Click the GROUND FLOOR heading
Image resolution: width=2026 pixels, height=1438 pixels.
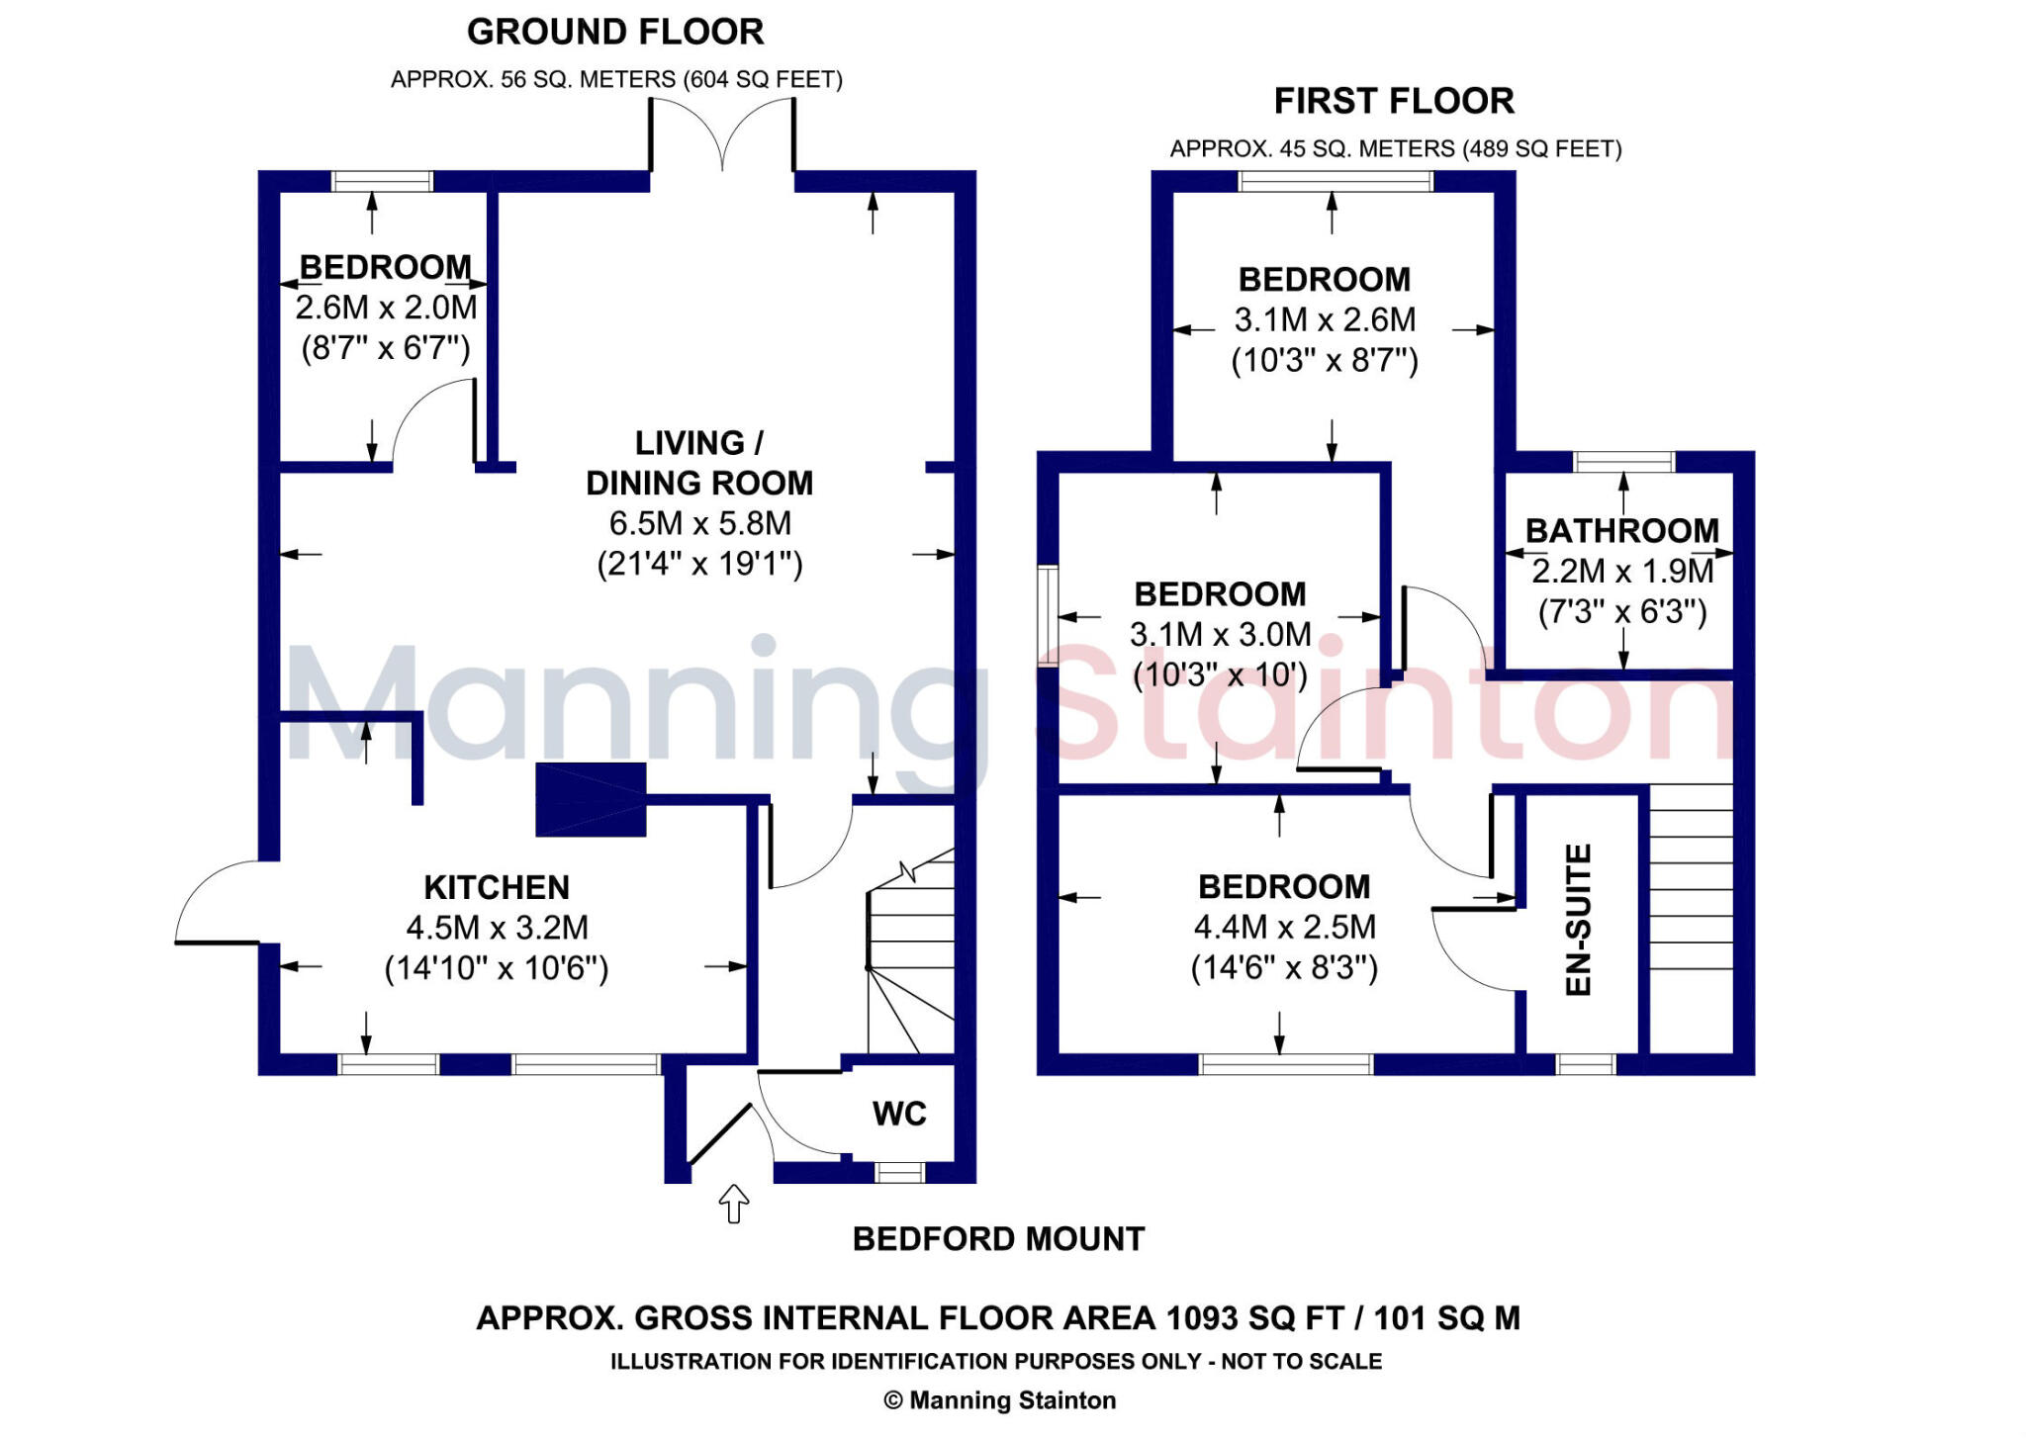point(615,32)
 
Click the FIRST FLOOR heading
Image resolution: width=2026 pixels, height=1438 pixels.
point(1394,101)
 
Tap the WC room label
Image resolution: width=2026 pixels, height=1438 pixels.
point(899,1114)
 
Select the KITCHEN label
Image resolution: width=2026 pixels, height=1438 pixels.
point(497,887)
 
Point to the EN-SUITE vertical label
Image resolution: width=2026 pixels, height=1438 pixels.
point(1579,920)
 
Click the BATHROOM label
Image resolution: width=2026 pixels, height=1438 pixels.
point(1622,531)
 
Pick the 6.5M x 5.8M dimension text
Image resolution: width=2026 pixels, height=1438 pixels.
point(699,523)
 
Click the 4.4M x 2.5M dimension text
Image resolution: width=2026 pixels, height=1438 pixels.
point(1284,927)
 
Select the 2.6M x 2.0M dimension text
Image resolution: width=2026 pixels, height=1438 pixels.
point(386,308)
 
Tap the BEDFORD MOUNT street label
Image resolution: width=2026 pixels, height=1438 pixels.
point(998,1239)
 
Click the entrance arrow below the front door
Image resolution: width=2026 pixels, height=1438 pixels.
point(733,1204)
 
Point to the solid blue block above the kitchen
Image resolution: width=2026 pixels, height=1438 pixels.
point(591,799)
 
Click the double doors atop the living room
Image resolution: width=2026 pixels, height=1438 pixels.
point(722,135)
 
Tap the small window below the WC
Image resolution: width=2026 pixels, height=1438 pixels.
point(899,1172)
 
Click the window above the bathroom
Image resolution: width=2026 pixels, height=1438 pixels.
point(1623,461)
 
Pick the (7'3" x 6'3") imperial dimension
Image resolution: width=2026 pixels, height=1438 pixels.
point(1622,612)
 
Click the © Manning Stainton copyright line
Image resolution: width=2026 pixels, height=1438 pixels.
point(999,1400)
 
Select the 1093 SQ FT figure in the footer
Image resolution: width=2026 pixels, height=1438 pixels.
point(1254,1318)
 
